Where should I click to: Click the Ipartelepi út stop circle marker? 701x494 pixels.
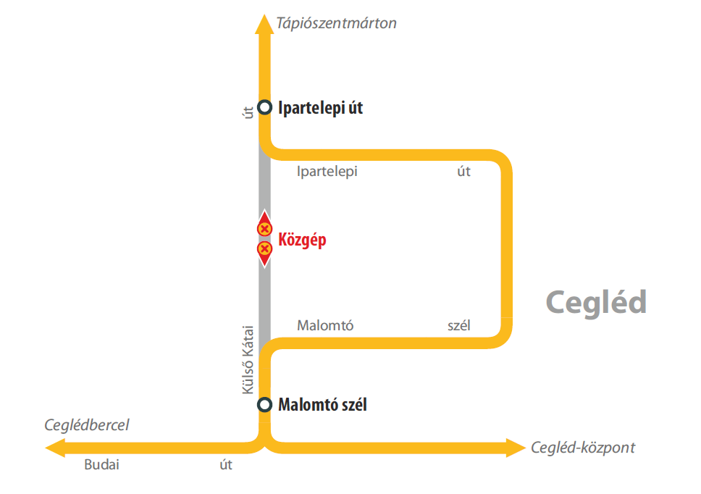point(265,108)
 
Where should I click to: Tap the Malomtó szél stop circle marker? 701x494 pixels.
point(265,405)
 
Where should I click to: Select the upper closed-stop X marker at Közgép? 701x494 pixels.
point(264,229)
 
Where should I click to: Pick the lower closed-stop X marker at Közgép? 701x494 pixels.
point(264,249)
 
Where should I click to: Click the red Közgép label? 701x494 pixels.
point(302,240)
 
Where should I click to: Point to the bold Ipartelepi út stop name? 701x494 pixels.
point(320,109)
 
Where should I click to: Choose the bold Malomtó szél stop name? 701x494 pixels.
point(322,405)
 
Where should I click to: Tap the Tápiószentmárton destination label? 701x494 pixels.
point(336,23)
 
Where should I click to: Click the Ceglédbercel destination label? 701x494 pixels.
point(87,425)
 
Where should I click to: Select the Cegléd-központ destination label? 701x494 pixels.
point(582,448)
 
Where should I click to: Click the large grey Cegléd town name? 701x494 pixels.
point(595,302)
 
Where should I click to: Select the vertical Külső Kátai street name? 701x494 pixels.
point(247,359)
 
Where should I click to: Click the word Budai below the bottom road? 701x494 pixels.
point(101,465)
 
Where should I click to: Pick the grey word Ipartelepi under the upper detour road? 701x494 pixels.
point(327,172)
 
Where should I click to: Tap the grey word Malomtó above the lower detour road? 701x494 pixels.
point(325,325)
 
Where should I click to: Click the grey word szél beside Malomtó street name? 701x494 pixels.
point(459,325)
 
